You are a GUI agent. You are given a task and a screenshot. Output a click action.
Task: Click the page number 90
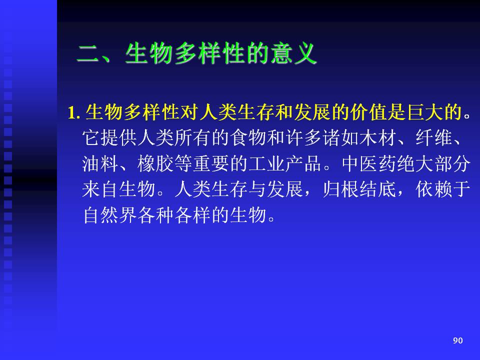click(x=457, y=340)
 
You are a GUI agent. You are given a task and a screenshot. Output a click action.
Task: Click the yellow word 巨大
click(x=425, y=111)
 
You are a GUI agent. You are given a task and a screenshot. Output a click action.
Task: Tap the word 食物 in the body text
click(x=248, y=138)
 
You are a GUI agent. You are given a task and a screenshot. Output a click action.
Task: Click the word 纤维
click(x=434, y=138)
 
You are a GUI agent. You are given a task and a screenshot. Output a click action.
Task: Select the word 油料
click(x=100, y=163)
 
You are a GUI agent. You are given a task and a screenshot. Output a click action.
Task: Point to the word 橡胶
click(x=156, y=163)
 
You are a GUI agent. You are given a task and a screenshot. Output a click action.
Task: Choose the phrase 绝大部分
click(x=433, y=163)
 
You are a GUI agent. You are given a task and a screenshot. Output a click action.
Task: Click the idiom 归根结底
click(x=359, y=189)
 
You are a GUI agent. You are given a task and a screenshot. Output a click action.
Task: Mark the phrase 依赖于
click(x=443, y=189)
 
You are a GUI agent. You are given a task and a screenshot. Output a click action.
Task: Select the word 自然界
click(x=110, y=215)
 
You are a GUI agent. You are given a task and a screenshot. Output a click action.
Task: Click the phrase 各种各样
click(x=174, y=215)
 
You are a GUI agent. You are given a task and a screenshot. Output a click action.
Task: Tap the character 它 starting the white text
click(x=91, y=138)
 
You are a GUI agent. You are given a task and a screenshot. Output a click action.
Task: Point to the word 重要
click(x=211, y=163)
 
